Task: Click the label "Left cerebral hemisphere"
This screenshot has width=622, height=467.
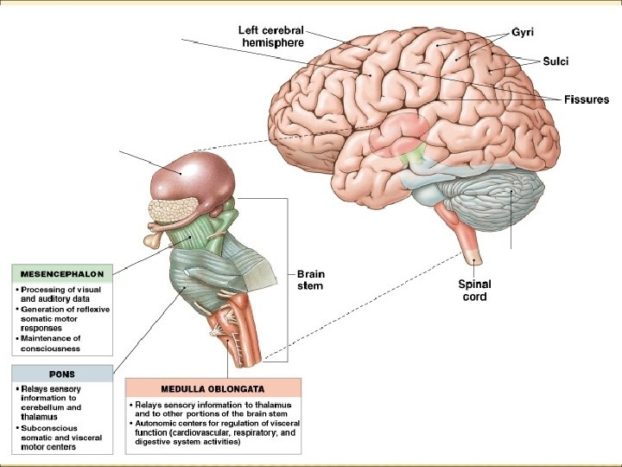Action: pos(271,35)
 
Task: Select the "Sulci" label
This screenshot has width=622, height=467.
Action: pos(555,61)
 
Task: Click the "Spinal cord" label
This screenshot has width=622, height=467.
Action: pos(474,290)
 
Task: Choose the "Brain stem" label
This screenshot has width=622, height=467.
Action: pos(310,279)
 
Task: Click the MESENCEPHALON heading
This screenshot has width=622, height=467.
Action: pos(61,274)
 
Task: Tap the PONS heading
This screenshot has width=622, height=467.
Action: pos(61,374)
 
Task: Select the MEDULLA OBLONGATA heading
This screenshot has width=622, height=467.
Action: pos(213,388)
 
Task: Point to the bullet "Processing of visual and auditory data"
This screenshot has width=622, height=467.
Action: pos(62,294)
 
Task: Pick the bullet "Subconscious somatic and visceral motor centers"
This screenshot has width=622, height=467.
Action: pos(60,438)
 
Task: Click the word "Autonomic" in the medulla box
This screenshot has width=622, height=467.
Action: pos(157,423)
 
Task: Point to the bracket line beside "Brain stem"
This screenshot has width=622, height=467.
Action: pos(286,277)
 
